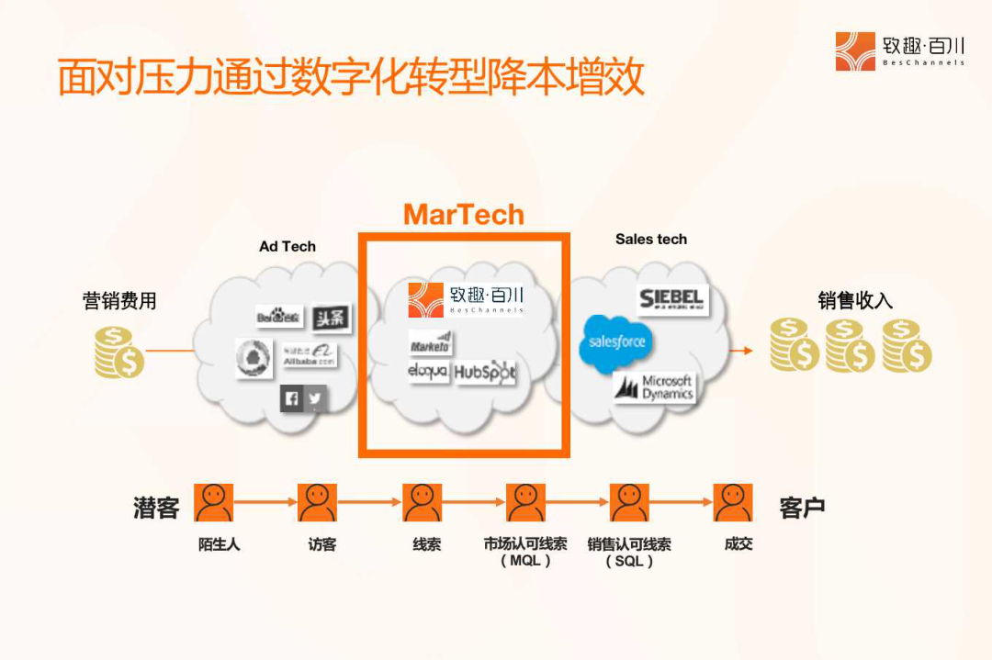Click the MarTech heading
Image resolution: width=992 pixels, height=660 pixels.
464,215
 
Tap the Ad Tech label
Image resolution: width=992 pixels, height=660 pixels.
287,246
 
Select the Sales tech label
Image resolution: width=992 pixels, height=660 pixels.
651,240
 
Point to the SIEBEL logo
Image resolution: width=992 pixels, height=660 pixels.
671,299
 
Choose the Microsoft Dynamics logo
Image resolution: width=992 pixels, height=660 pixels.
655,387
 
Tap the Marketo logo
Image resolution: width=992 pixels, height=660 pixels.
430,343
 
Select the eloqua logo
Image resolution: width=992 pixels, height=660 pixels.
428,372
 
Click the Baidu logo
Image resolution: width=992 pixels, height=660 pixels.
278,318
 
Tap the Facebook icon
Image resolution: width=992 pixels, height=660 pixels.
292,398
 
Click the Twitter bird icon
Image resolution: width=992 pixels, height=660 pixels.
315,398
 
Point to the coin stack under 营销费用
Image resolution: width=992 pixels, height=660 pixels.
119,352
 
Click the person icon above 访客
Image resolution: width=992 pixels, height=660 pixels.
317,503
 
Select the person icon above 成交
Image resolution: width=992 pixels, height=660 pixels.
733,503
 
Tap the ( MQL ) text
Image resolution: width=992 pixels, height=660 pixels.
525,561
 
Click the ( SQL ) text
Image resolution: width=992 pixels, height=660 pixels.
629,561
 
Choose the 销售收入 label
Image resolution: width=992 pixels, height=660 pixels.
855,301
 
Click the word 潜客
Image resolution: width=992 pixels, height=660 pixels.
156,508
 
